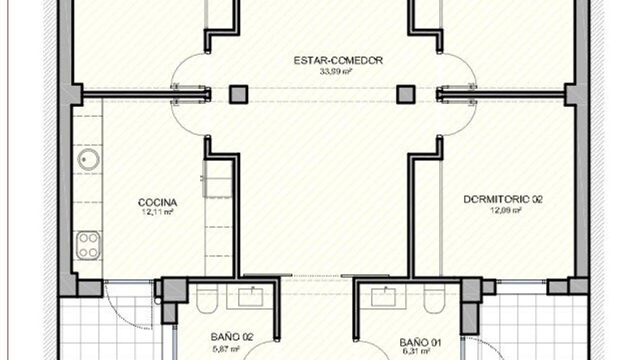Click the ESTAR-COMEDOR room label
click(x=338, y=60)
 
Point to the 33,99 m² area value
click(x=336, y=72)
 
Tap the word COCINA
click(x=157, y=203)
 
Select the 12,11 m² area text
click(x=157, y=212)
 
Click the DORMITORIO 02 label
click(x=503, y=199)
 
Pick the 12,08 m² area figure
click(x=506, y=209)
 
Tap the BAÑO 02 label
click(x=232, y=337)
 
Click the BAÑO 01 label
click(x=420, y=343)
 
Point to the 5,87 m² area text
click(x=225, y=348)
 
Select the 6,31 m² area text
click(x=417, y=353)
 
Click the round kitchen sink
click(x=88, y=159)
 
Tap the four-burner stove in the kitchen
click(x=88, y=245)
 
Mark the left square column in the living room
click(x=239, y=94)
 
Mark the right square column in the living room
click(x=406, y=94)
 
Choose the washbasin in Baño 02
click(x=251, y=296)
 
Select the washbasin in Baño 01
click(x=383, y=296)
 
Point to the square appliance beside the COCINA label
click(x=218, y=179)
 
